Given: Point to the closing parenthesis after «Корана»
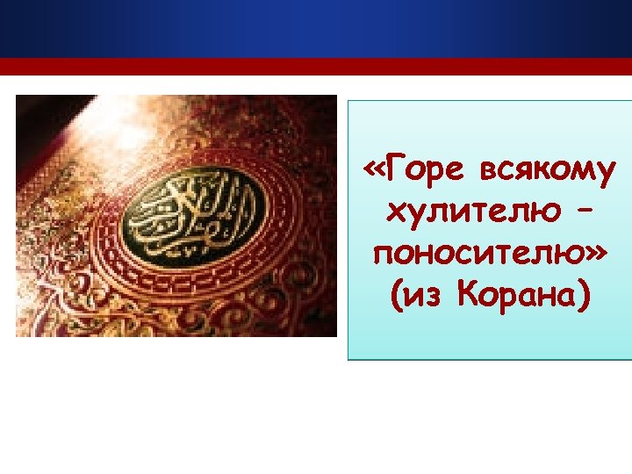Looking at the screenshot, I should click(584, 298).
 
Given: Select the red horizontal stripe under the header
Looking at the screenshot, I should click(316, 67).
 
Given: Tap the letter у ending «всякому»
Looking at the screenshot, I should click(607, 170).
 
